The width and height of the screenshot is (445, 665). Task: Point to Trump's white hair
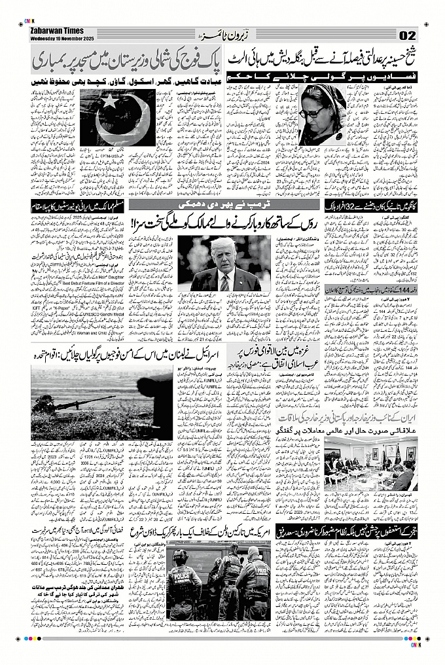tap(223, 245)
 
